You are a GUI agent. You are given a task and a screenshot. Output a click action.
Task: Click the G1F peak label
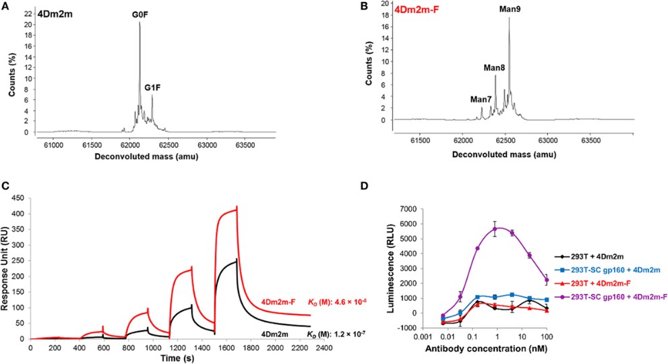(153, 87)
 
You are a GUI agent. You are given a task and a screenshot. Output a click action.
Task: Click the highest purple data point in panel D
(497, 229)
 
